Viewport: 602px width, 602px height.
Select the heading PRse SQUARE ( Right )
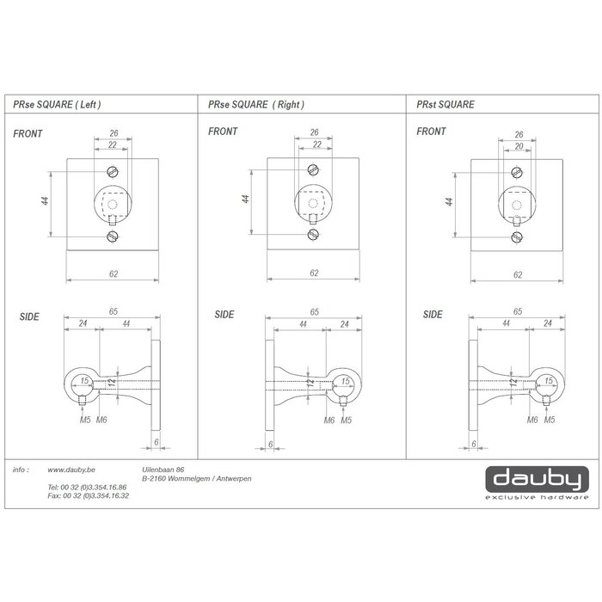(x=256, y=104)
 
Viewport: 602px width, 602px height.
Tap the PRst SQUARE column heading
(x=445, y=104)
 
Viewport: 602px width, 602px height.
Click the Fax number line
(x=88, y=496)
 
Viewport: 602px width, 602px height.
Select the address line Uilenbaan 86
(x=163, y=470)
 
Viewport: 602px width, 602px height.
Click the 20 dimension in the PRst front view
(x=519, y=147)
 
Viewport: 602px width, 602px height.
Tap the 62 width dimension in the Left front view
(x=113, y=274)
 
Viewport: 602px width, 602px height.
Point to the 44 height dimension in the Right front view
(x=246, y=199)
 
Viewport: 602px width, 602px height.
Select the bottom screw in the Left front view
(x=113, y=236)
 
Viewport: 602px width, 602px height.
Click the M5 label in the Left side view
(x=84, y=419)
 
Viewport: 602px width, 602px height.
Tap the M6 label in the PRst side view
(x=532, y=419)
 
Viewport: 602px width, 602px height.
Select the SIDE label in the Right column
(x=224, y=315)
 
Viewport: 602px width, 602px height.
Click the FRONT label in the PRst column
(x=431, y=132)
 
